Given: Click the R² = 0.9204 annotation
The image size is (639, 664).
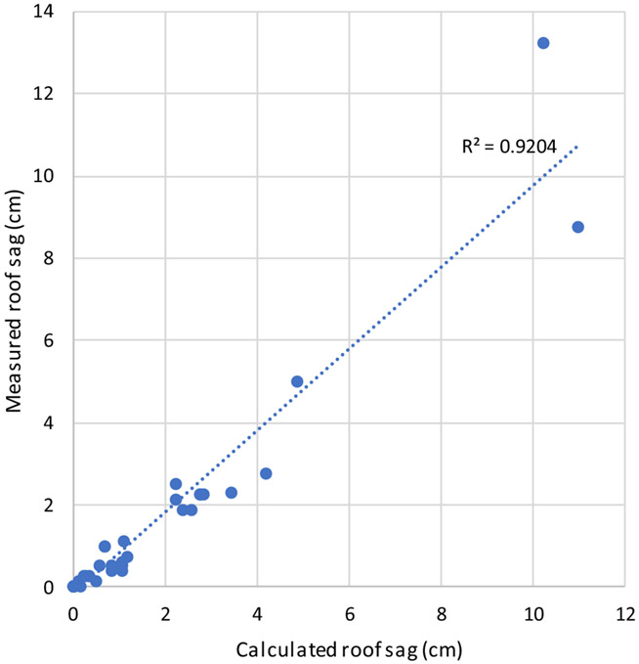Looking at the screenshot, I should tap(509, 147).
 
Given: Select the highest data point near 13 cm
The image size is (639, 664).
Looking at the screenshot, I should tap(543, 43).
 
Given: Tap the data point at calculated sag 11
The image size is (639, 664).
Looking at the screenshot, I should tap(577, 227).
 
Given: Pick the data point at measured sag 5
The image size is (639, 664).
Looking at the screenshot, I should tap(297, 381).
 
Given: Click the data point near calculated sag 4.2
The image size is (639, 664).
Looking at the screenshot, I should tap(266, 473).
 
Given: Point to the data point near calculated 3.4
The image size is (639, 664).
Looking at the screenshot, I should tap(231, 493).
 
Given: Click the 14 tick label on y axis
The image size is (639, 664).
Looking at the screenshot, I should tap(46, 12).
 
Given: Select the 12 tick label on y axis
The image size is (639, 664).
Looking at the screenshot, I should tap(46, 94).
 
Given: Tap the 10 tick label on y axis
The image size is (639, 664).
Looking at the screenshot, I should tap(46, 176).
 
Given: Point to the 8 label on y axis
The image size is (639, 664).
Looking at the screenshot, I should tap(50, 258).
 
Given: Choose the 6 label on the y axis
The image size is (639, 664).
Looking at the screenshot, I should tap(50, 340).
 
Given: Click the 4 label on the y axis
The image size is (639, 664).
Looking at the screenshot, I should tap(50, 422).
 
